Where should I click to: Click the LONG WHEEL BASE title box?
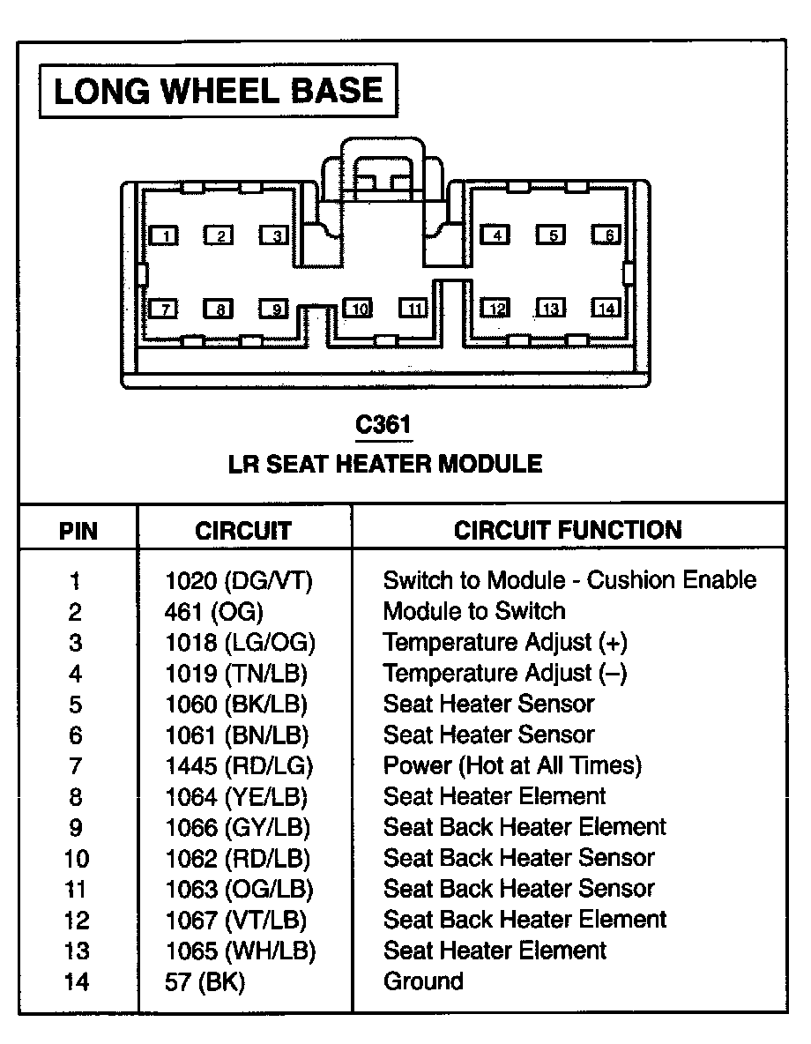218,92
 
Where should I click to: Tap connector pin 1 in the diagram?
165,235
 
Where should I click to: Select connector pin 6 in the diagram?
606,235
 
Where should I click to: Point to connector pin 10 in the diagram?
358,309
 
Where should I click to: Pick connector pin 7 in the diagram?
165,309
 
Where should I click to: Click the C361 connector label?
383,425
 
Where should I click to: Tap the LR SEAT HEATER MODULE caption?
385,464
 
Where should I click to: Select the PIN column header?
78,531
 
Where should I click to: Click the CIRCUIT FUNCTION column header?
568,530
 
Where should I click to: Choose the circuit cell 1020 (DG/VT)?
239,580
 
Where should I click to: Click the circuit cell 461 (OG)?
214,611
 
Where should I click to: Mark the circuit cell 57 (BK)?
205,981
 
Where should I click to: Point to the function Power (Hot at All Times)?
512,765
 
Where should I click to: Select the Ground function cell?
423,981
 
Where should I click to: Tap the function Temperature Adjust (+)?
505,642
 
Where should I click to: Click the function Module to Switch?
474,611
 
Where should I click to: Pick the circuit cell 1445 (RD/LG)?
239,765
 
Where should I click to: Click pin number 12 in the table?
77,920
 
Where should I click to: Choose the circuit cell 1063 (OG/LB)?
239,889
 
